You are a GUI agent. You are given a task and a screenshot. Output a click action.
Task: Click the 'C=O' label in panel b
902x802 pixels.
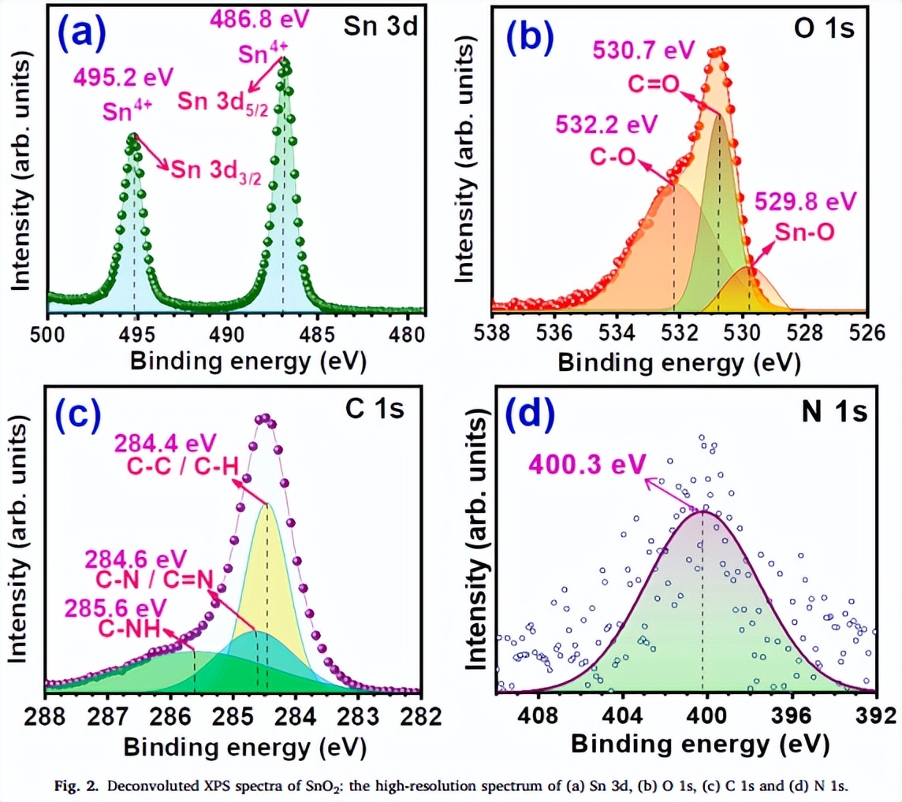point(654,83)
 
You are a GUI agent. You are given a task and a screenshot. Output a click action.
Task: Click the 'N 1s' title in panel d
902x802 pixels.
point(828,411)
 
